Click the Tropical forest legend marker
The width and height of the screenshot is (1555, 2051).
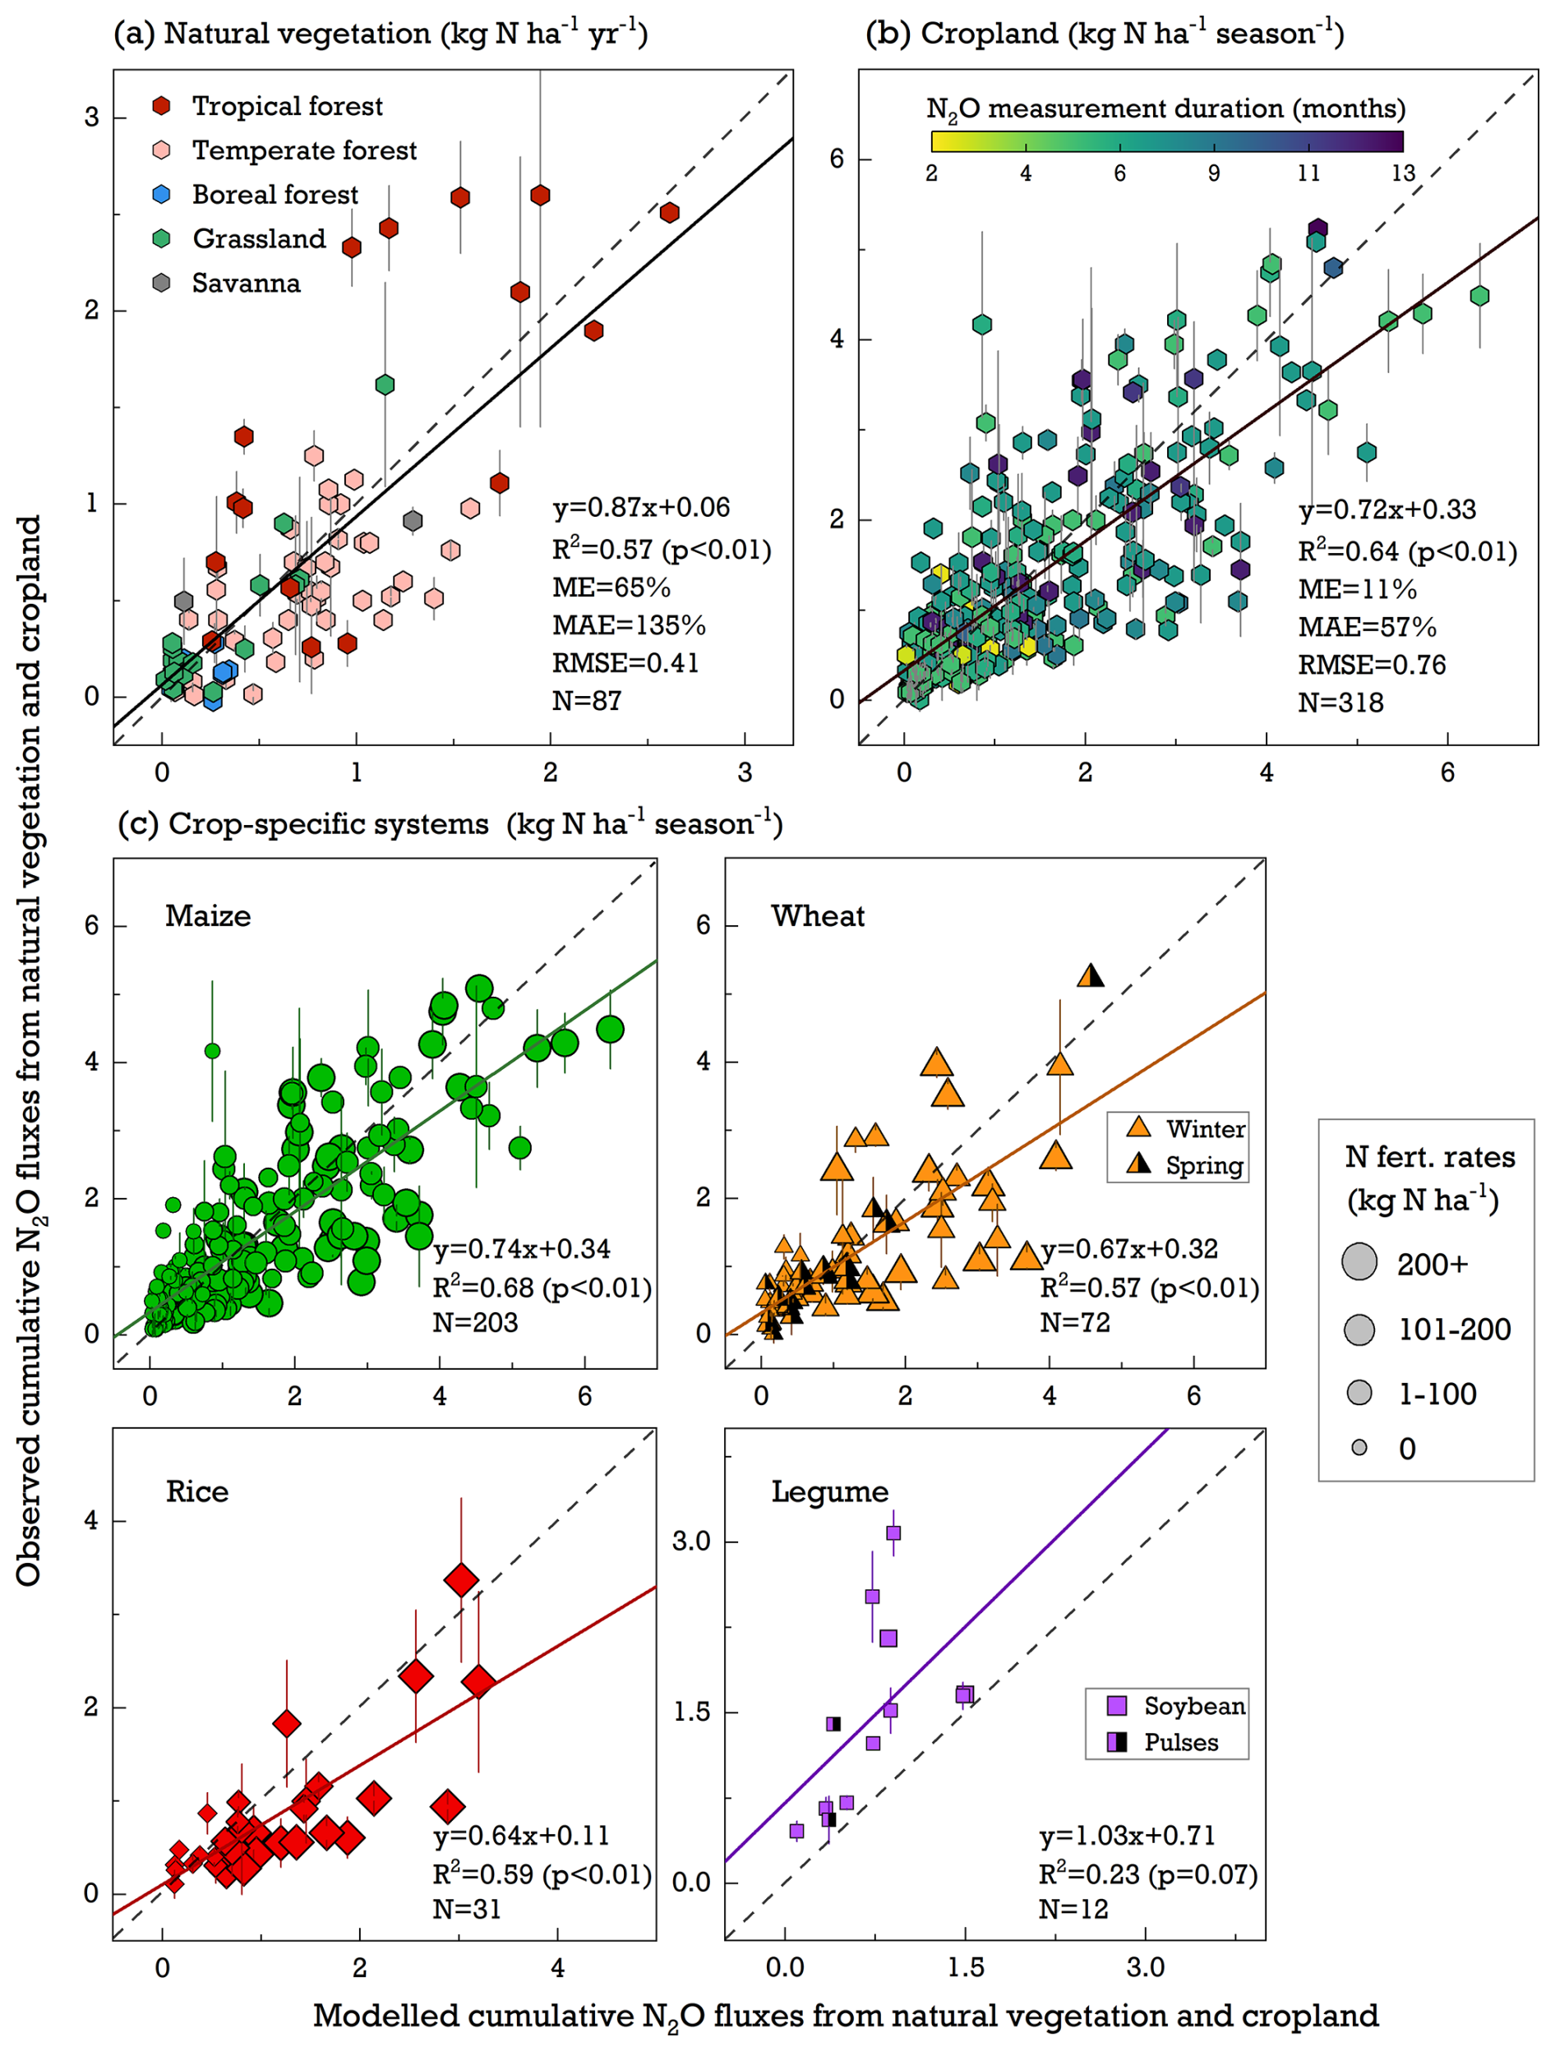coord(161,106)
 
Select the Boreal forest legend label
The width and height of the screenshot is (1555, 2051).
coord(275,195)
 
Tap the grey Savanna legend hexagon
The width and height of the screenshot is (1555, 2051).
coord(161,283)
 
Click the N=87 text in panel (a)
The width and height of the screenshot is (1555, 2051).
coord(586,701)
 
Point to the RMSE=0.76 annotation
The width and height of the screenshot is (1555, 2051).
coord(1372,665)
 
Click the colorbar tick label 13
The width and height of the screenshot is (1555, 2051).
coord(1402,173)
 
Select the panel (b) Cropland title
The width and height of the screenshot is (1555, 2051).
coord(1104,35)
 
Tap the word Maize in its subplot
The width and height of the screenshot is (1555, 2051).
coord(208,916)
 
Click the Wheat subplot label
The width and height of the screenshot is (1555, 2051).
coord(817,916)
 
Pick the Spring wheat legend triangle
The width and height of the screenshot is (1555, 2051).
coord(1138,1164)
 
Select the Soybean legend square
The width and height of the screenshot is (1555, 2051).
coord(1117,1705)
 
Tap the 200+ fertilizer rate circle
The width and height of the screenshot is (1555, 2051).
coord(1359,1262)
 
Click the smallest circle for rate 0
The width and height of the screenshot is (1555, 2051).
coord(1359,1447)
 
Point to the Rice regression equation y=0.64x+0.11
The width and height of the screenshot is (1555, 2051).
coord(521,1835)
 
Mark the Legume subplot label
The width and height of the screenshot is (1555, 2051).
coord(830,1492)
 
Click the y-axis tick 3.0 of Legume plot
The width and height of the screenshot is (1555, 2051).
coord(691,1541)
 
